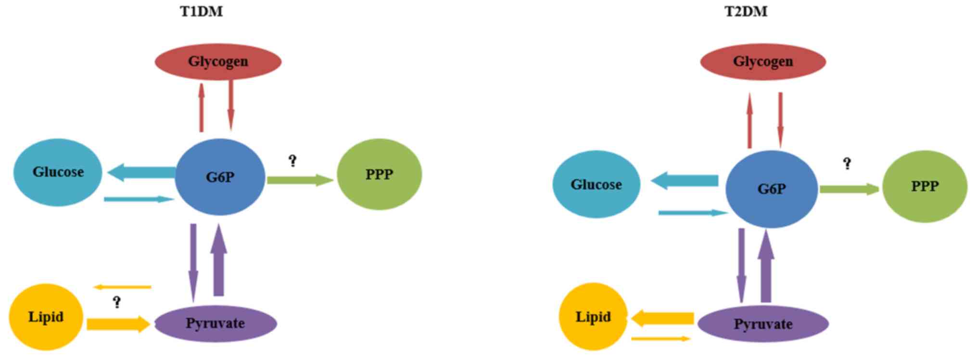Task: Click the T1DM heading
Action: [201, 12]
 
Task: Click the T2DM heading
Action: [746, 12]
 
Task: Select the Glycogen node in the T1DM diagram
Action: [218, 62]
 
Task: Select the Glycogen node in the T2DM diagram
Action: [762, 62]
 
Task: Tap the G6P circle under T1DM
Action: [220, 177]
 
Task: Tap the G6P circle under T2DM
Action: [771, 189]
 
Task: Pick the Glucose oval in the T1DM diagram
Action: [58, 172]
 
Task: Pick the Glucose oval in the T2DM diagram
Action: [596, 184]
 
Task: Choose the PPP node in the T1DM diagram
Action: [379, 175]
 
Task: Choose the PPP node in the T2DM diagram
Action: [925, 186]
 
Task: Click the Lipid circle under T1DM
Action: [46, 317]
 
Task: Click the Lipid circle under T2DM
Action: [593, 317]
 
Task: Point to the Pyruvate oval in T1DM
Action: [215, 323]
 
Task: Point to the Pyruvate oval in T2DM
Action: [762, 324]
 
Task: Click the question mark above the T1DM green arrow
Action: [292, 161]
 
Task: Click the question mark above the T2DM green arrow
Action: [847, 164]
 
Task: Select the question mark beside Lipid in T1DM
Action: [117, 302]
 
